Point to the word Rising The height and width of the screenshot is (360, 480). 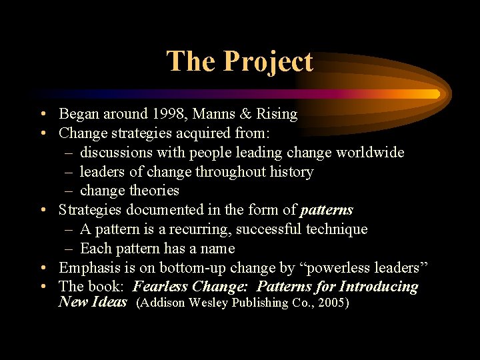click(277, 115)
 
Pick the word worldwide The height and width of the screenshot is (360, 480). click(370, 153)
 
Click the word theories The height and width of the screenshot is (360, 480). click(155, 191)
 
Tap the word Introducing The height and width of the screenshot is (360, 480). click(379, 287)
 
